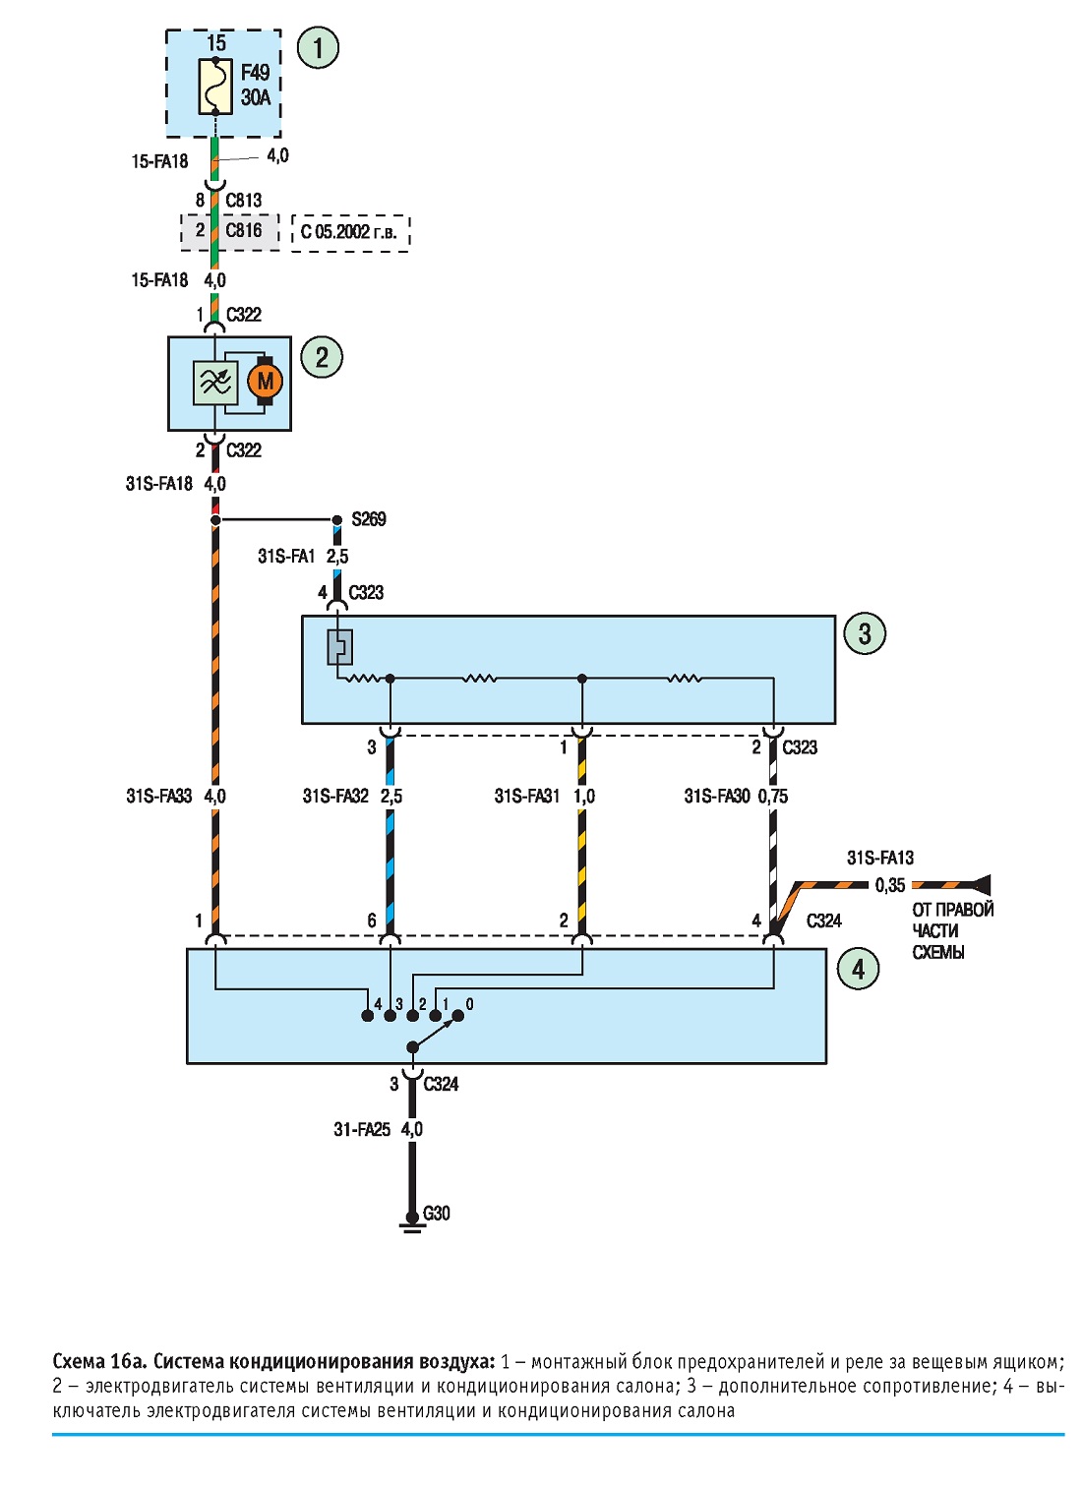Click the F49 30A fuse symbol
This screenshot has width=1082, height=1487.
[215, 87]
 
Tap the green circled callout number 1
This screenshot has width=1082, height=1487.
[318, 48]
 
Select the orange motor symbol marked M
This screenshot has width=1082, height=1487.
[265, 381]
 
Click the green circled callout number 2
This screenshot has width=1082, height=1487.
[322, 357]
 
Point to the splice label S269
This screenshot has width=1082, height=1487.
[369, 518]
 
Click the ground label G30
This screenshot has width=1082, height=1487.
[436, 1213]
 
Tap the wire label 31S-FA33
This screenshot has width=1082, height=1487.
[158, 796]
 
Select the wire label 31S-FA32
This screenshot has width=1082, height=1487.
[335, 796]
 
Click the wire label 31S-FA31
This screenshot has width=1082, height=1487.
[526, 796]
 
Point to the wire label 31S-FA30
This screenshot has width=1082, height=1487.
[717, 796]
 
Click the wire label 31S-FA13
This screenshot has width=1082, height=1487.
[880, 858]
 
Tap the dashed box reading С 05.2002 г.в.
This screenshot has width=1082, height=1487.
[350, 233]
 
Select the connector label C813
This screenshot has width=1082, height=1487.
[244, 200]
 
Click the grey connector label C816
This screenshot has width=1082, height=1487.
[244, 230]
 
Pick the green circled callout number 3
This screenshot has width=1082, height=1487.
[865, 633]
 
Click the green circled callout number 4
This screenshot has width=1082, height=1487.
[858, 970]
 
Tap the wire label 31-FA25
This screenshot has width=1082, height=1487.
[362, 1129]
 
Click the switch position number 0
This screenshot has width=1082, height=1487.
[469, 1004]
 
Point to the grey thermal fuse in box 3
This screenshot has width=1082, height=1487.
[339, 647]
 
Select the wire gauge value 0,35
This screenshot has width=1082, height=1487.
[890, 885]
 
